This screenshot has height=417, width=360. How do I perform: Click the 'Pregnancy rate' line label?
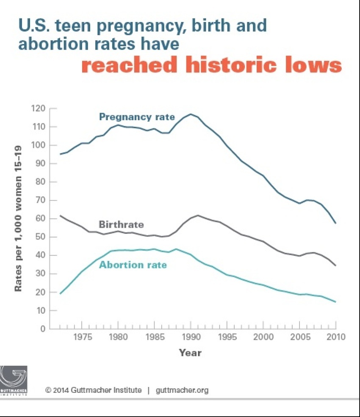(x=136, y=116)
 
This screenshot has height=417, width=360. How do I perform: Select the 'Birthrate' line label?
(x=121, y=224)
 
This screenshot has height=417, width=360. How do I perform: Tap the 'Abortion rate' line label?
(x=133, y=265)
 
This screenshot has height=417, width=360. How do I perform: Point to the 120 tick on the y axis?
(x=39, y=108)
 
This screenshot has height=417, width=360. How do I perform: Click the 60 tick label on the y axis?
(x=40, y=218)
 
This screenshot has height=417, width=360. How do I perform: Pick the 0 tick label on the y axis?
(x=42, y=329)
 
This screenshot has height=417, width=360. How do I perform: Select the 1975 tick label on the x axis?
(x=82, y=337)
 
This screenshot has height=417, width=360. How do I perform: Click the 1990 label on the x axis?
(x=191, y=337)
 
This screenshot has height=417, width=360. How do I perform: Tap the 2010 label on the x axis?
(x=336, y=337)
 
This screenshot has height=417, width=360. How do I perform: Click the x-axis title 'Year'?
(x=190, y=353)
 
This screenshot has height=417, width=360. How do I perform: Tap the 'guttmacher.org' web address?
(x=182, y=390)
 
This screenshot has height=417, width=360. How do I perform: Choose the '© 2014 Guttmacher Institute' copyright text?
(x=93, y=390)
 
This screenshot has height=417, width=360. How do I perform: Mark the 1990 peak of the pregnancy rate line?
(x=191, y=114)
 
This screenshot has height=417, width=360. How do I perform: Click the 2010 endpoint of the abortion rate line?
(x=335, y=302)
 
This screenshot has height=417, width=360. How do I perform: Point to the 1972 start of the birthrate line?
(x=60, y=215)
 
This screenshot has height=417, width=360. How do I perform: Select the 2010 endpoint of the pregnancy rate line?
(x=335, y=223)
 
